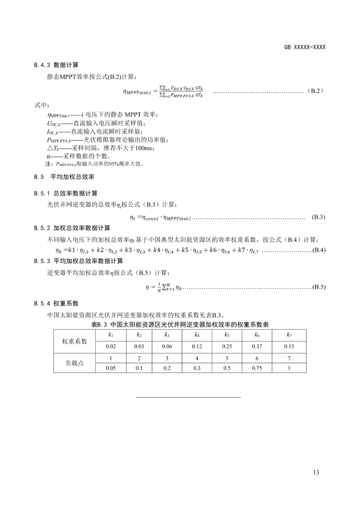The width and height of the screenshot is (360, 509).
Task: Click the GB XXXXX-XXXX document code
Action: pyautogui.click(x=305, y=47)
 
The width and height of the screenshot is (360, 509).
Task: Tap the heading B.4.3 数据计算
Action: pyautogui.click(x=56, y=65)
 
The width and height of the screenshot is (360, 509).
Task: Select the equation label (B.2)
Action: pyautogui.click(x=315, y=91)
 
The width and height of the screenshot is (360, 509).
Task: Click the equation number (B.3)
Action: pyautogui.click(x=318, y=217)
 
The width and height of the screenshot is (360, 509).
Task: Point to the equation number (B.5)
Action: pyautogui.click(x=319, y=287)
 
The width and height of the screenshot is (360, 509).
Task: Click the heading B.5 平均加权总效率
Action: pyautogui.click(x=64, y=177)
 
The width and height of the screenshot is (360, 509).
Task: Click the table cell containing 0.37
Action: pyautogui.click(x=257, y=346)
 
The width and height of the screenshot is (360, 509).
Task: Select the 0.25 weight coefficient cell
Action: pyautogui.click(x=227, y=346)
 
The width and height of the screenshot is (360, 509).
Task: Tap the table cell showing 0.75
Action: pyautogui.click(x=257, y=368)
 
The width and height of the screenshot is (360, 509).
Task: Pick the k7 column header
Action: pyautogui.click(x=289, y=335)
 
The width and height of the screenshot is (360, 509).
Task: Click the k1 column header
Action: pyautogui.click(x=111, y=335)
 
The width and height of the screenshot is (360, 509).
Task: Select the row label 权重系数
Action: pyautogui.click(x=74, y=341)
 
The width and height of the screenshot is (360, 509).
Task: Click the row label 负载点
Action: pyautogui.click(x=74, y=363)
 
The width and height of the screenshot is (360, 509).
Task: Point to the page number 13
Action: pyautogui.click(x=316, y=472)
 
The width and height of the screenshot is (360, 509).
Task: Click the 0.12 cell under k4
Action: pyautogui.click(x=197, y=346)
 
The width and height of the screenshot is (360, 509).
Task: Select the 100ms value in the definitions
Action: pyautogui.click(x=145, y=148)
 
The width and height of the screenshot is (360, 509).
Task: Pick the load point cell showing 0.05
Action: pyautogui.click(x=111, y=368)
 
